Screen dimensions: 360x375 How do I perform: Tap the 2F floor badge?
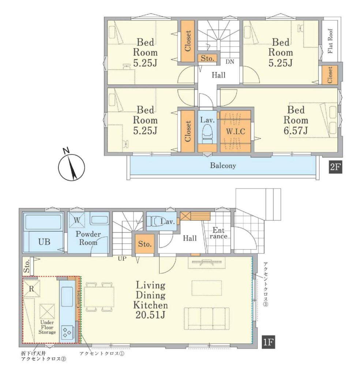coord(335,167)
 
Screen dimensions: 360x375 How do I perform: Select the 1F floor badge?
coord(268,342)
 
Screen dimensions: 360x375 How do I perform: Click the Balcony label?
coord(223,166)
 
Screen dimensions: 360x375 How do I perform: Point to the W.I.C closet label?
coord(236,131)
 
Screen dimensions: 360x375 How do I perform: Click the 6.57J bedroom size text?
coord(296,131)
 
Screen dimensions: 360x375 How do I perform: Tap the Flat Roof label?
coord(330,41)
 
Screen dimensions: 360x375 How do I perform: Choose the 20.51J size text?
coord(150,315)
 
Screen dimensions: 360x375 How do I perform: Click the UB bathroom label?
coord(44,242)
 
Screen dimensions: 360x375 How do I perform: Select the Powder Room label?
coord(88,238)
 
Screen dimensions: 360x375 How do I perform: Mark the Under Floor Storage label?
coord(47,327)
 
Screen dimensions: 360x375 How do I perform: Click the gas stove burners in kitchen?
coord(67,332)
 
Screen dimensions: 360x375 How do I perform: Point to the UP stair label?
coord(122,259)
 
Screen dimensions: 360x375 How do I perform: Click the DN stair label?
coord(230,62)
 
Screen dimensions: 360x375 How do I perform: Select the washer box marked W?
coord(77,220)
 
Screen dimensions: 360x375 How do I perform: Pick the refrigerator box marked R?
coord(31,289)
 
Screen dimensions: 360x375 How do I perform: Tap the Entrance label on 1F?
coord(218,233)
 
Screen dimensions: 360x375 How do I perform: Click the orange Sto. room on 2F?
coord(207,58)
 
